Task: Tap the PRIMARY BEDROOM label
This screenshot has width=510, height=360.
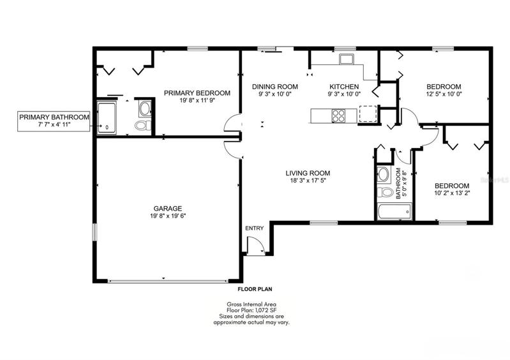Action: pyautogui.click(x=197, y=93)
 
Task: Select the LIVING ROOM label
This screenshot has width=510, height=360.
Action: pyautogui.click(x=308, y=174)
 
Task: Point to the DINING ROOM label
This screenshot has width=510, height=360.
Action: pyautogui.click(x=275, y=87)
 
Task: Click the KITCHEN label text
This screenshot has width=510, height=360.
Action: pyautogui.click(x=344, y=87)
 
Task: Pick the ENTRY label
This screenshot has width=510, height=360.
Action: pyautogui.click(x=254, y=229)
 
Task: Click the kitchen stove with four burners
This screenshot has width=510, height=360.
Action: pyautogui.click(x=338, y=116)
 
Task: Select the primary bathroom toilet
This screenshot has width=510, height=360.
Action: pyautogui.click(x=144, y=125)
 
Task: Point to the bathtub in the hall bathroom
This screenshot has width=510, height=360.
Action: pyautogui.click(x=394, y=211)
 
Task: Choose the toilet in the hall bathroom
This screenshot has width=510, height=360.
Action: pyautogui.click(x=385, y=192)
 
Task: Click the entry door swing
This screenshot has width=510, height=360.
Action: pyautogui.click(x=256, y=245)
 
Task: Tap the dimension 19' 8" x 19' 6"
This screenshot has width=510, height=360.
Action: pyautogui.click(x=168, y=216)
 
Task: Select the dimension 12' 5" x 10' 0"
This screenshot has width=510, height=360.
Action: pyautogui.click(x=444, y=94)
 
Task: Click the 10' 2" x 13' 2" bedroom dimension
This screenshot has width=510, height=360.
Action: pyautogui.click(x=452, y=193)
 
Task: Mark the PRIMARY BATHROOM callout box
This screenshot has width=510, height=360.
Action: pyautogui.click(x=54, y=121)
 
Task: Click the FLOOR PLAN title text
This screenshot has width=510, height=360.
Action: pyautogui.click(x=255, y=289)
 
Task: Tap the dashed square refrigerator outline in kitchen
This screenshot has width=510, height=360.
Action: pyautogui.click(x=367, y=114)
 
